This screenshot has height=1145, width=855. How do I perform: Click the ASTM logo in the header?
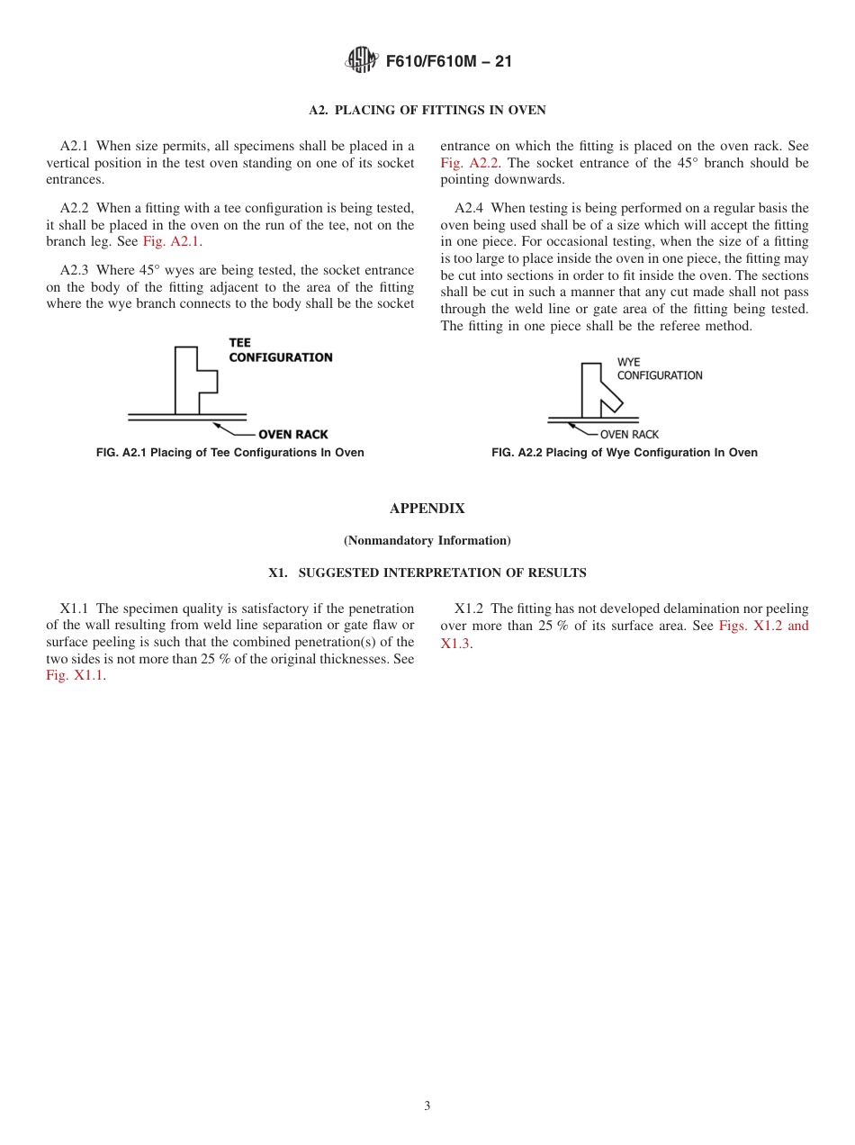click(362, 61)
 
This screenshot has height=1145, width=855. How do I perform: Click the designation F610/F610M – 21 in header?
click(448, 62)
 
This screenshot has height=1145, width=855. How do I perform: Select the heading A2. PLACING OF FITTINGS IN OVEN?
click(427, 111)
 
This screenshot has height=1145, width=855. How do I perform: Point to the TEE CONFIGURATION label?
click(280, 350)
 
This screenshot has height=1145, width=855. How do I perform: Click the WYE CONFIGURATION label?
click(659, 369)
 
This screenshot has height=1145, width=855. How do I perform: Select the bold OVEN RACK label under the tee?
click(292, 435)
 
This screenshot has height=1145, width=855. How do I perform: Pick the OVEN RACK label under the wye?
click(629, 435)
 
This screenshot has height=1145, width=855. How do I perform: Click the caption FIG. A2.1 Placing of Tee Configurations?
click(229, 453)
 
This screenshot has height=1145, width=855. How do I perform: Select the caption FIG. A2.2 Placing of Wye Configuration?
click(624, 453)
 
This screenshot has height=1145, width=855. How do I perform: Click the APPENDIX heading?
click(427, 509)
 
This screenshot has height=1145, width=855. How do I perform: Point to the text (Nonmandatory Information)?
click(427, 541)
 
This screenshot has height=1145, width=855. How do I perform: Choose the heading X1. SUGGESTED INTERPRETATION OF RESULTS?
click(427, 572)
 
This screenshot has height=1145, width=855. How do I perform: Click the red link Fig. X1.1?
click(75, 676)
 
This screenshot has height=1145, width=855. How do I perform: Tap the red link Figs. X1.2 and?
click(763, 626)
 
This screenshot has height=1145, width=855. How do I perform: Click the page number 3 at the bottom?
click(427, 1106)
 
